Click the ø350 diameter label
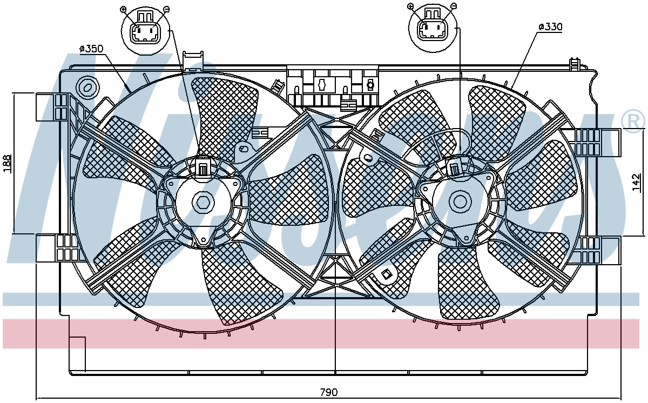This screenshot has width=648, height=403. point(91,49)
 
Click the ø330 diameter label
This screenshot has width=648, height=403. point(550,27)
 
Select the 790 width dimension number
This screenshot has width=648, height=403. point(329,393)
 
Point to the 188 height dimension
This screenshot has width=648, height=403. point(8,164)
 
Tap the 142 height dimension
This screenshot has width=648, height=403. point(637,182)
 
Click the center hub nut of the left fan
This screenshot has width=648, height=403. point(204,202)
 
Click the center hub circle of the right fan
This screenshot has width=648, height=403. point(460,201)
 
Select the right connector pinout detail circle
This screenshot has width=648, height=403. point(433,28)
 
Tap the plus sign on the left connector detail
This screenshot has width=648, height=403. point(123,10)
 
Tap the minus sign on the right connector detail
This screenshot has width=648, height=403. point(454,6)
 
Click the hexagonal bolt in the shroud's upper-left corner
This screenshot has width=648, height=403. point(87,87)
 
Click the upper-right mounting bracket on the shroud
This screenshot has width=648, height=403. point(597,143)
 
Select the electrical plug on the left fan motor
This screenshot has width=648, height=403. point(202,166)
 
